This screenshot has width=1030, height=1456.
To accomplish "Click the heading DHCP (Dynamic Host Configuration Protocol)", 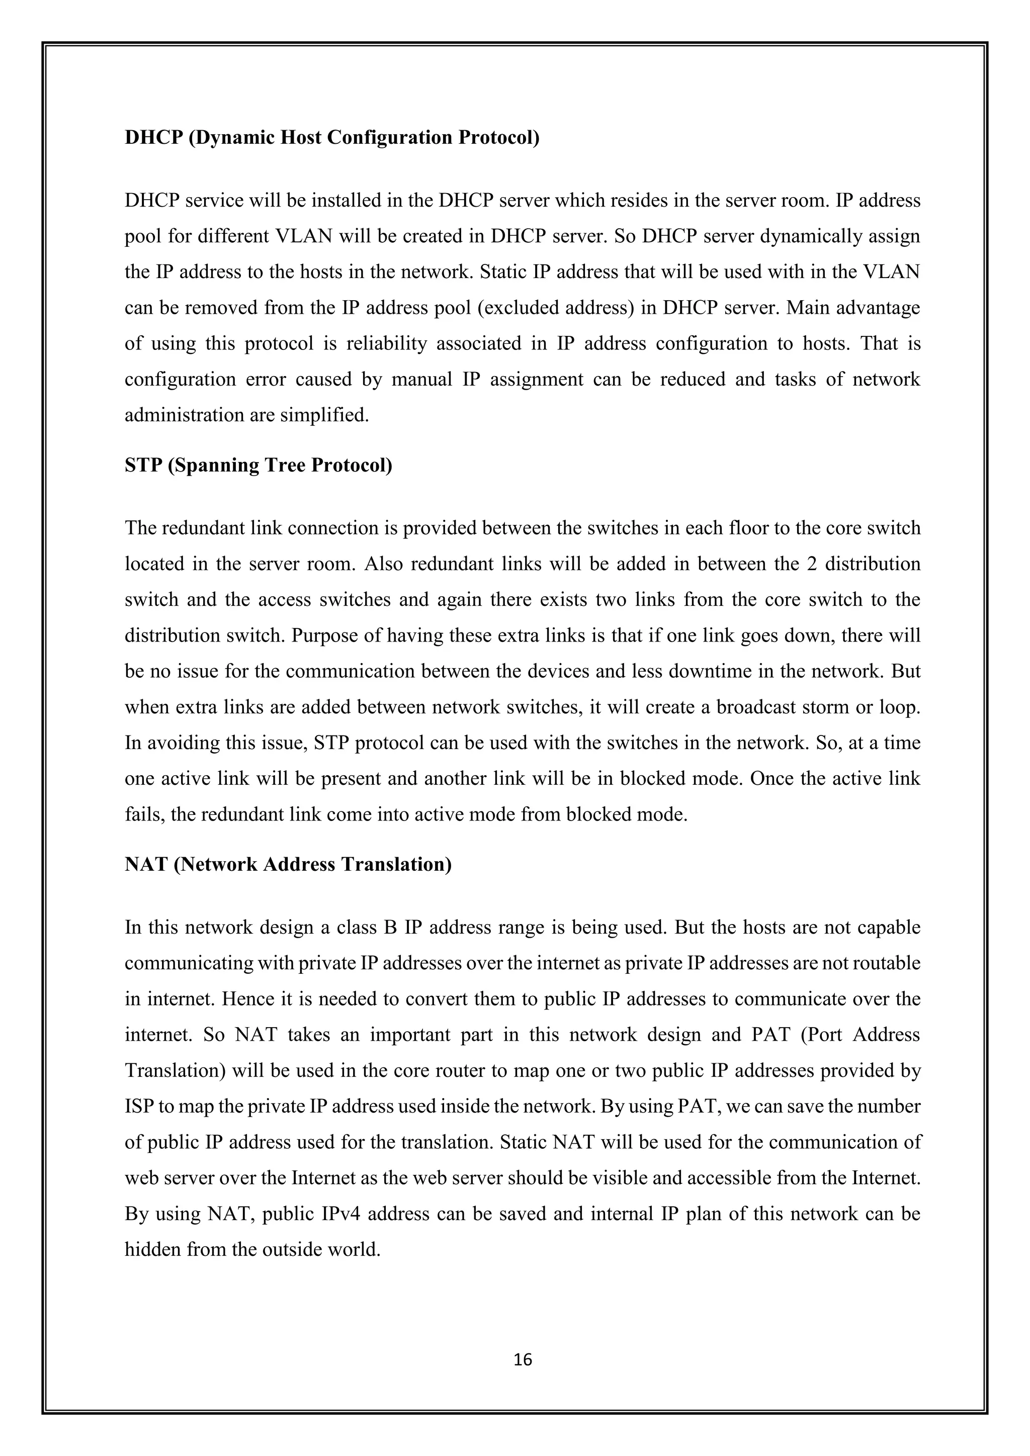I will [332, 138].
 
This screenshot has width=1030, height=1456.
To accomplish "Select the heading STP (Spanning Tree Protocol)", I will [258, 466].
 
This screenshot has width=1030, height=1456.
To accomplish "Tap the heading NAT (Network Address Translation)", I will [288, 864].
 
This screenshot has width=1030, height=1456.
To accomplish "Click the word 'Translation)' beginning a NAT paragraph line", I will [175, 1071].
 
